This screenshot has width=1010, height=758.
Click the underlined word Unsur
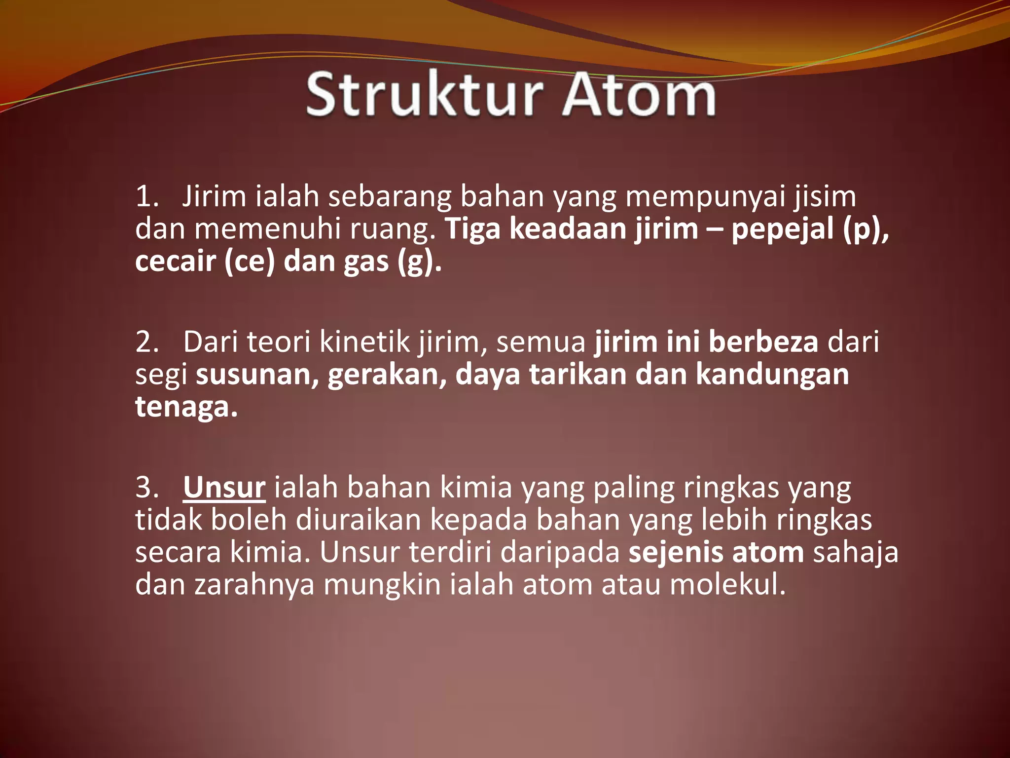pyautogui.click(x=224, y=488)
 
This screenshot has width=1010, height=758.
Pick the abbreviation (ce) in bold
pyautogui.click(x=249, y=262)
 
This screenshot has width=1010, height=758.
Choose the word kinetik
pyautogui.click(x=364, y=342)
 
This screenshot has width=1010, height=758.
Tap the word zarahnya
pyautogui.click(x=254, y=586)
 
